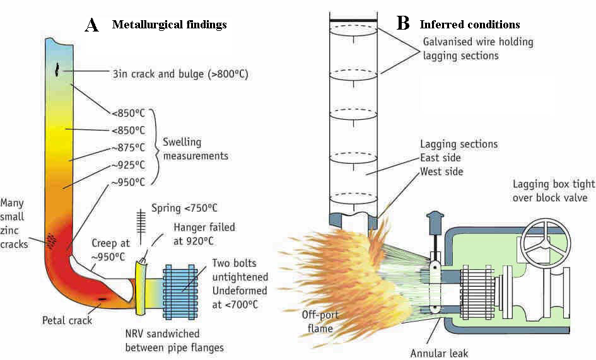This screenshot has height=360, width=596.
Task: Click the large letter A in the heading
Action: click(x=92, y=25)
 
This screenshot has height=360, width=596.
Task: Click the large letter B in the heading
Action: click(x=403, y=24)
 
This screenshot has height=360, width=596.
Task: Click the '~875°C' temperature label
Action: click(x=129, y=148)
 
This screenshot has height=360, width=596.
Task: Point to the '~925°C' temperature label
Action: click(x=129, y=165)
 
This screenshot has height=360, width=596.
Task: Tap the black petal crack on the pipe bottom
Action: click(x=102, y=297)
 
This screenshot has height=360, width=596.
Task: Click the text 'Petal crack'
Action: click(x=67, y=320)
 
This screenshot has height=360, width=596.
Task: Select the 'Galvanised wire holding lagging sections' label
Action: click(x=477, y=49)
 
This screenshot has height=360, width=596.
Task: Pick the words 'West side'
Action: click(x=441, y=171)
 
